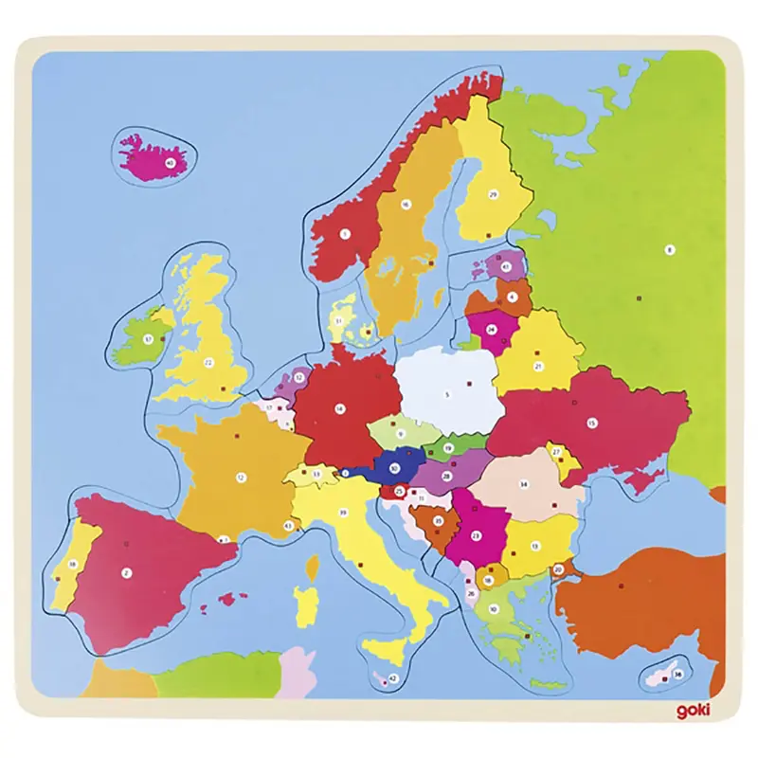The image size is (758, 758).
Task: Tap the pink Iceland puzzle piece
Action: tap(152, 157)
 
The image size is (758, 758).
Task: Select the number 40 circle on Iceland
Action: tap(171, 163)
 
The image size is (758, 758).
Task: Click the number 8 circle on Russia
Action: tap(670, 250)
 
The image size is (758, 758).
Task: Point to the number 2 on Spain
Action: tap(126, 571)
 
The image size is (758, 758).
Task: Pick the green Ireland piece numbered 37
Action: tap(142, 336)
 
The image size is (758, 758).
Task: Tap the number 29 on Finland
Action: tap(493, 194)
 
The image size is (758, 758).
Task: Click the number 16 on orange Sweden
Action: tap(405, 204)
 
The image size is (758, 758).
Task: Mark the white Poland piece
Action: tap(450, 388)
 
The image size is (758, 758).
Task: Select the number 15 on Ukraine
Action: tap(592, 424)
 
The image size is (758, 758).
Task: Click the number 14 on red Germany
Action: tap(339, 409)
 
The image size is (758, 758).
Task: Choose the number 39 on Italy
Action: tap(342, 512)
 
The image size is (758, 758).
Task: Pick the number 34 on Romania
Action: tap(522, 483)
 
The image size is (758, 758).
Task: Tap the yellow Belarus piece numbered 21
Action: tap(535, 365)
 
